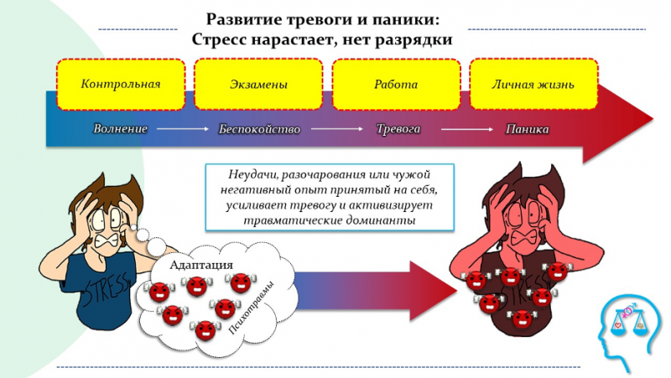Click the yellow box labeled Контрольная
click(120, 84)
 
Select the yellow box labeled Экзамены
click(258, 84)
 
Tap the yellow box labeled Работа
click(396, 84)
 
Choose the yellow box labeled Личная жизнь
click(533, 84)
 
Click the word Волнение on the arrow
click(121, 129)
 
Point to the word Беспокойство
click(259, 129)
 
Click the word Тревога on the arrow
click(397, 129)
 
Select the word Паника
click(528, 129)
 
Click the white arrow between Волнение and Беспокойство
click(182, 129)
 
